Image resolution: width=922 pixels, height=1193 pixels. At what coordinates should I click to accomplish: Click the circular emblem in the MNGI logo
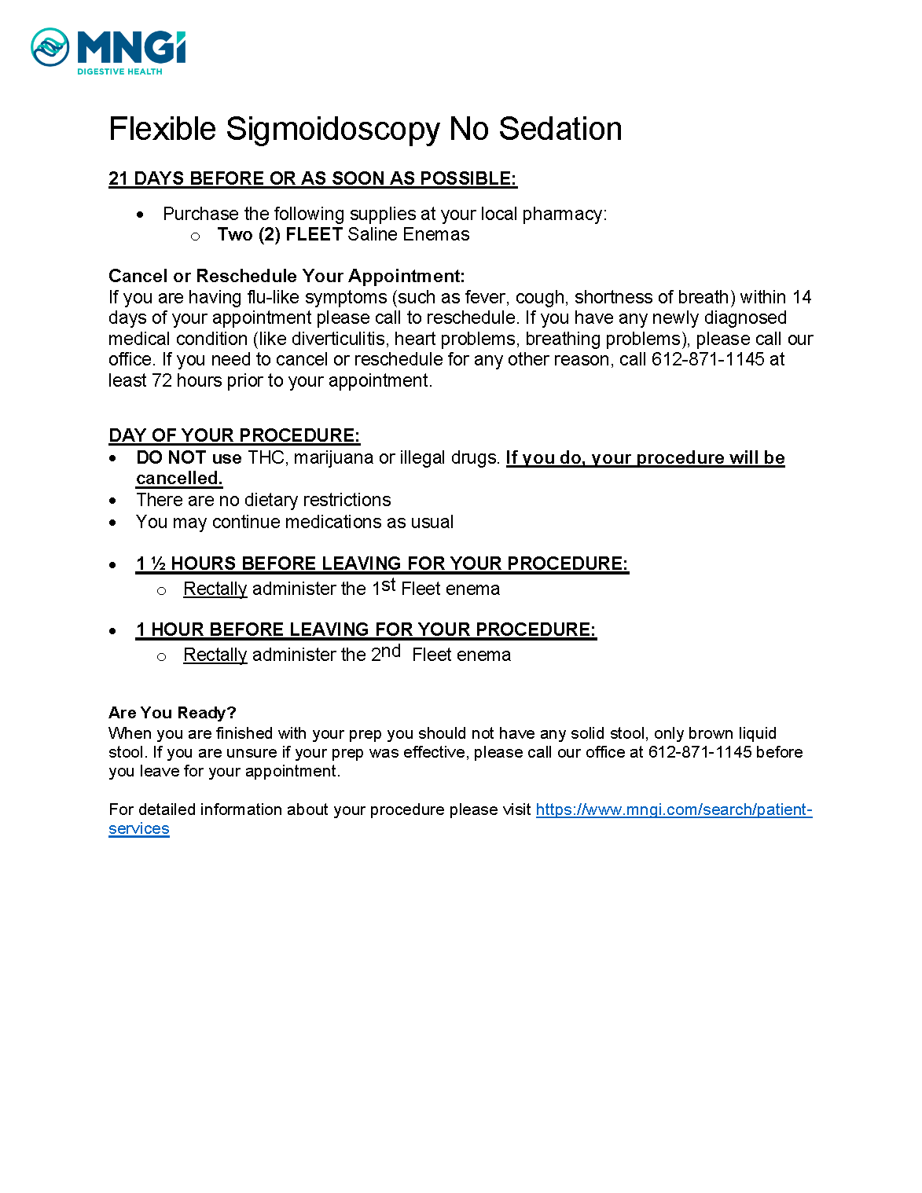pyautogui.click(x=50, y=47)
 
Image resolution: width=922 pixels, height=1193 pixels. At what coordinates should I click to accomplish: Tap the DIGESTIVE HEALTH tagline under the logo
pyautogui.click(x=119, y=72)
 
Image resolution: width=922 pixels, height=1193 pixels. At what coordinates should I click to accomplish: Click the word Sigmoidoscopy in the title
pyautogui.click(x=333, y=130)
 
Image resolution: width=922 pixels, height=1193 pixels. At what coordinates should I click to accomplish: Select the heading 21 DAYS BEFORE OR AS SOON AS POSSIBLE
pyautogui.click(x=312, y=178)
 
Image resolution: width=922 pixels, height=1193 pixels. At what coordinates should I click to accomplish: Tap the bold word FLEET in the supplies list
pyautogui.click(x=314, y=234)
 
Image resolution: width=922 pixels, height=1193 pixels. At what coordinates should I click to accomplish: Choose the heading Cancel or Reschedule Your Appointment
pyautogui.click(x=286, y=276)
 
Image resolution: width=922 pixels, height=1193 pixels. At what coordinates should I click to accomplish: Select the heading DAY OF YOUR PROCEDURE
pyautogui.click(x=234, y=435)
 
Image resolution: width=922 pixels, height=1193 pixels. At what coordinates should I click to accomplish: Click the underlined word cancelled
pyautogui.click(x=179, y=479)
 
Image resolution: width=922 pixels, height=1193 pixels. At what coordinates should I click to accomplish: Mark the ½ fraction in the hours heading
pyautogui.click(x=158, y=563)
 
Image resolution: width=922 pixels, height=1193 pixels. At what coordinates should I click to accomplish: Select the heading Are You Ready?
pyautogui.click(x=172, y=713)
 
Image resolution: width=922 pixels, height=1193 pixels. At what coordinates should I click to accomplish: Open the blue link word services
pyautogui.click(x=139, y=829)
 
